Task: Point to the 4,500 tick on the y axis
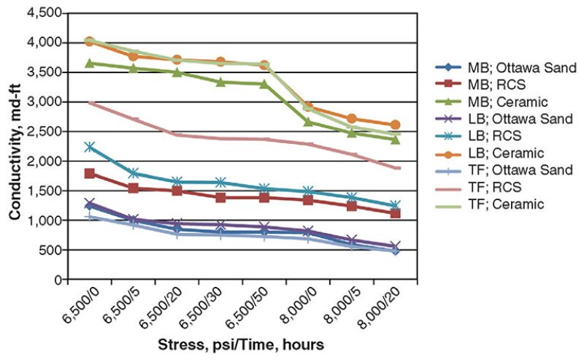pos(45,13)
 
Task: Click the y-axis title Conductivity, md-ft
pos(14,146)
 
